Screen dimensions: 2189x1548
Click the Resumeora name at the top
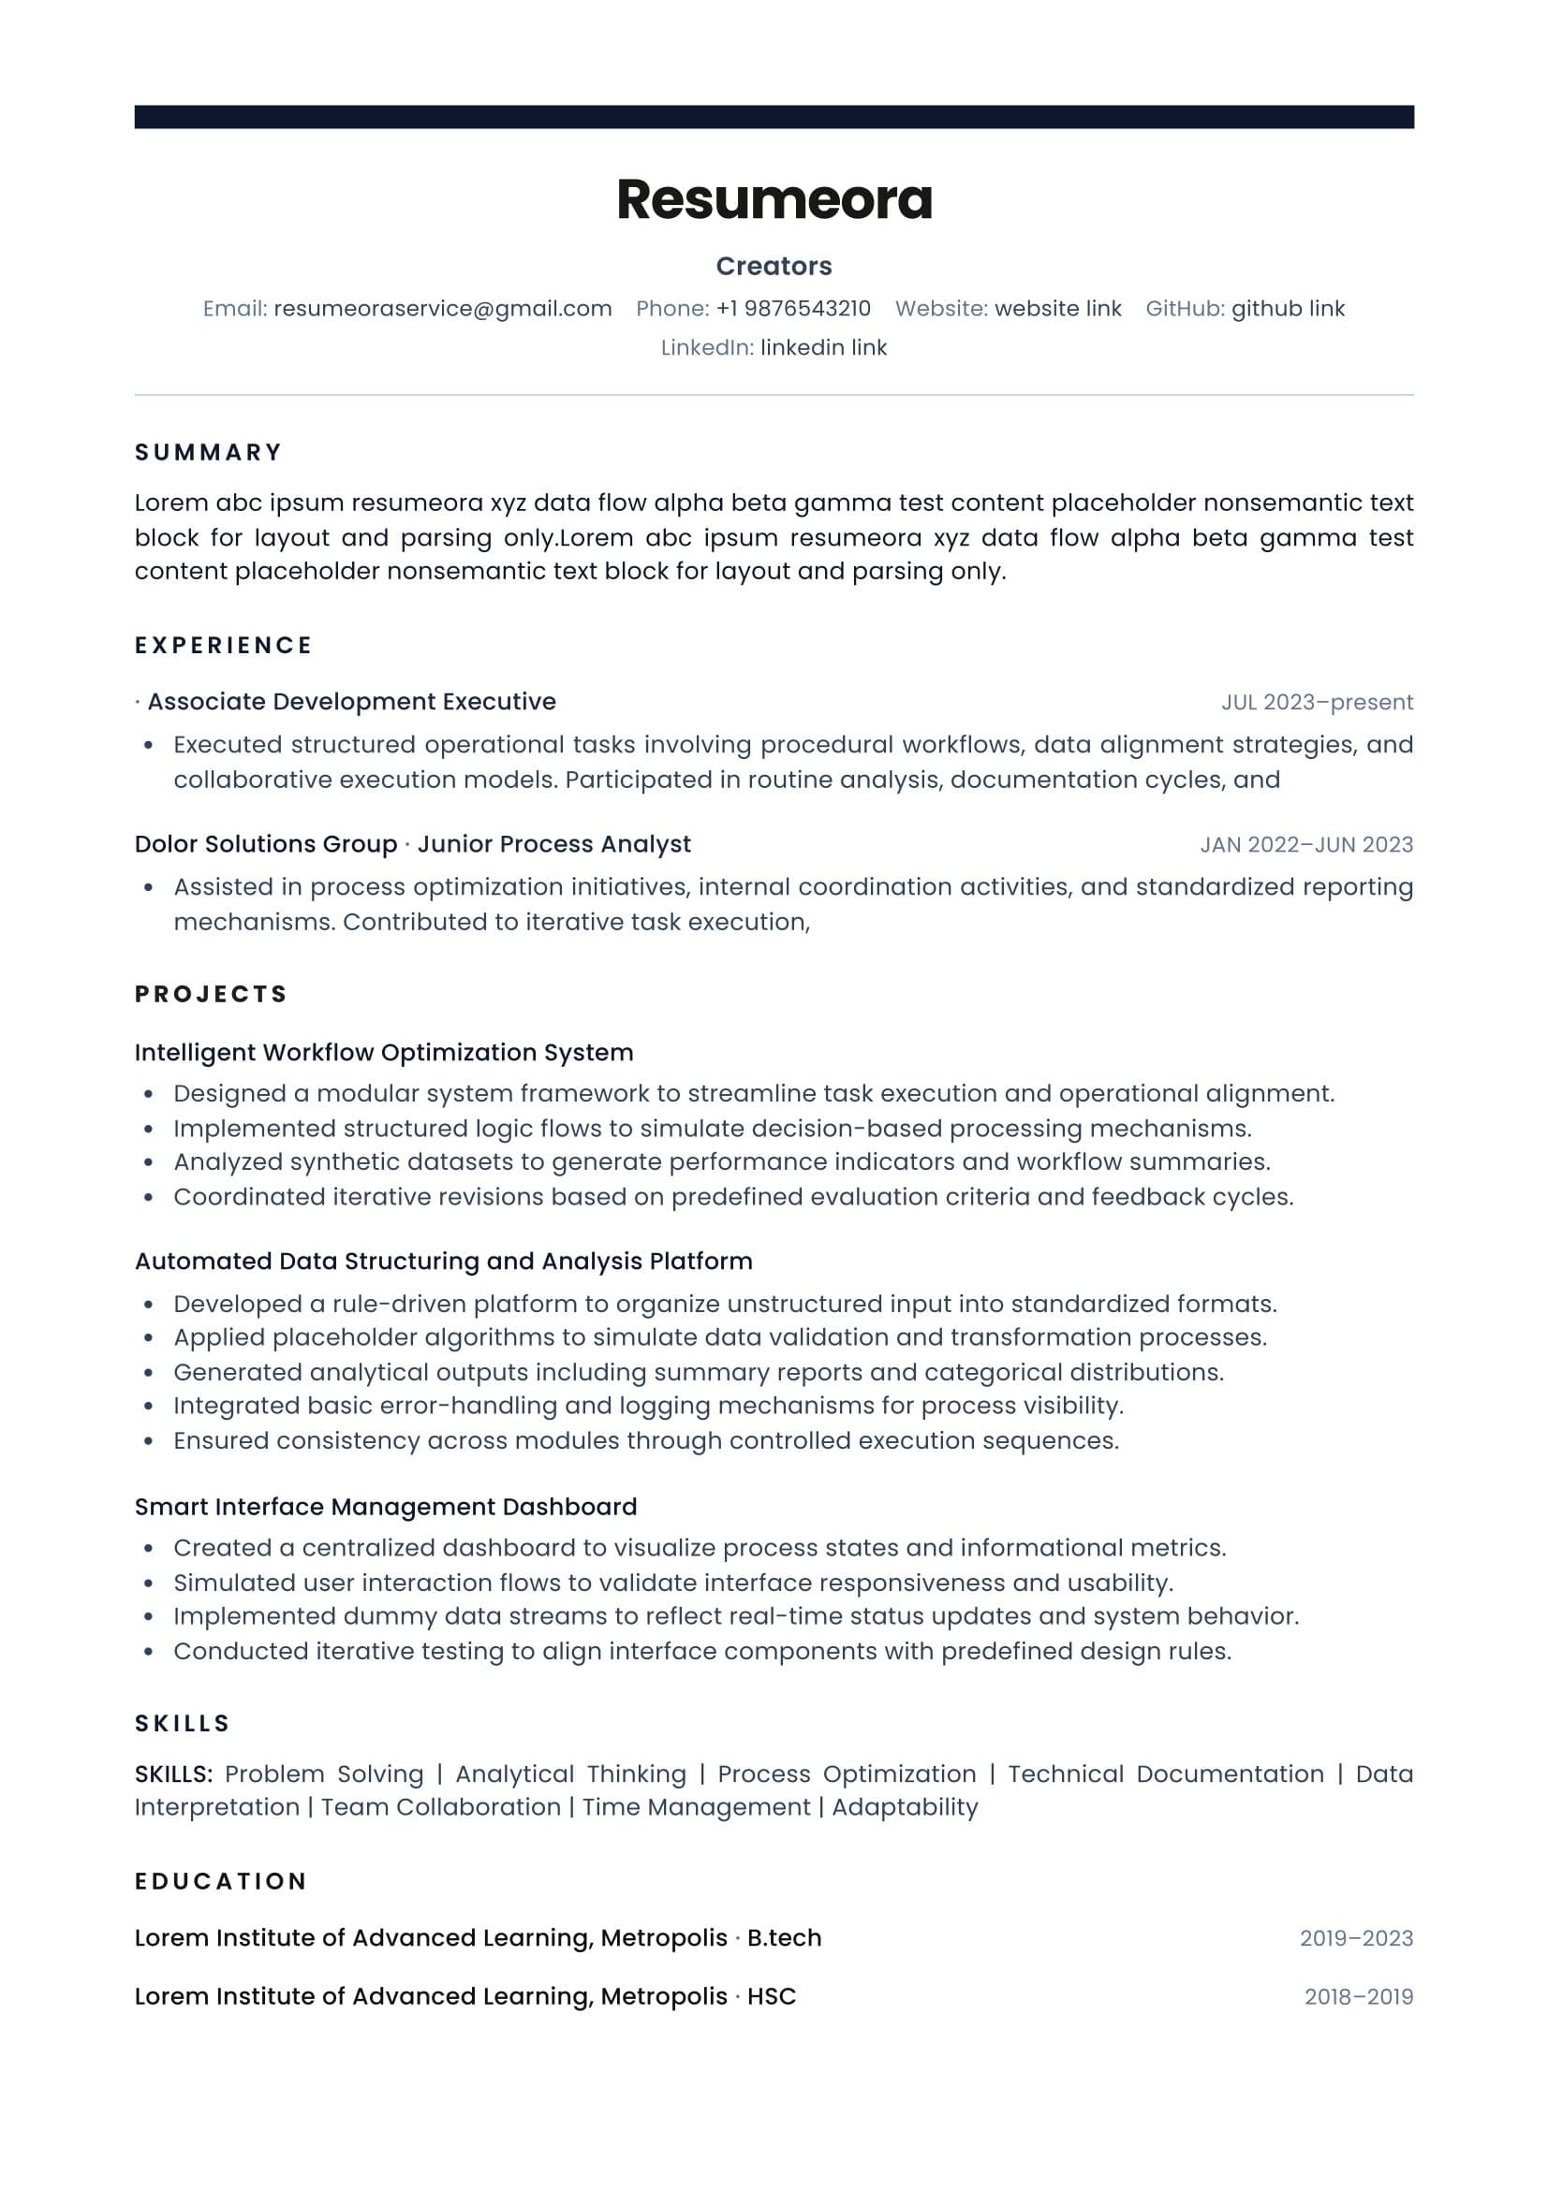pos(774,199)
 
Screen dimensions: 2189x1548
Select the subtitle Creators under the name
pos(774,266)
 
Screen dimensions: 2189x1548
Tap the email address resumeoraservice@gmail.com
pos(443,309)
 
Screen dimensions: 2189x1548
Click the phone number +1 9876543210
pos(793,309)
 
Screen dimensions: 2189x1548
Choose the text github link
pos(1288,309)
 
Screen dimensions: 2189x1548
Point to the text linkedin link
pos(823,348)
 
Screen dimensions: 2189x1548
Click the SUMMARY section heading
pos(209,452)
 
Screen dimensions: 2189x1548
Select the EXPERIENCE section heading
pos(224,646)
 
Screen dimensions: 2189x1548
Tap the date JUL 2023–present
pos(1318,703)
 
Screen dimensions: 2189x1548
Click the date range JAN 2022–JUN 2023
pos(1306,845)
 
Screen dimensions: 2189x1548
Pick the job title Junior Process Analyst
pos(554,844)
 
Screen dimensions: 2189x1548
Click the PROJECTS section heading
pos(211,995)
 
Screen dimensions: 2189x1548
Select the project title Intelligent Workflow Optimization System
pos(383,1053)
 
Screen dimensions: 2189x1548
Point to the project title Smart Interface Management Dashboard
pos(385,1507)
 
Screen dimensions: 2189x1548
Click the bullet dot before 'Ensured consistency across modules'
pos(148,1441)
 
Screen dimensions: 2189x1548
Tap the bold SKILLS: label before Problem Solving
pos(173,1774)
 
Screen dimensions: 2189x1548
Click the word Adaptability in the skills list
pos(906,1808)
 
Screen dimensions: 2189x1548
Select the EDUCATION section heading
pos(220,1881)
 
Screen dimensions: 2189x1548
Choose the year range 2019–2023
pos(1356,1938)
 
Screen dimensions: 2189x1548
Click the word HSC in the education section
pos(772,1996)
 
